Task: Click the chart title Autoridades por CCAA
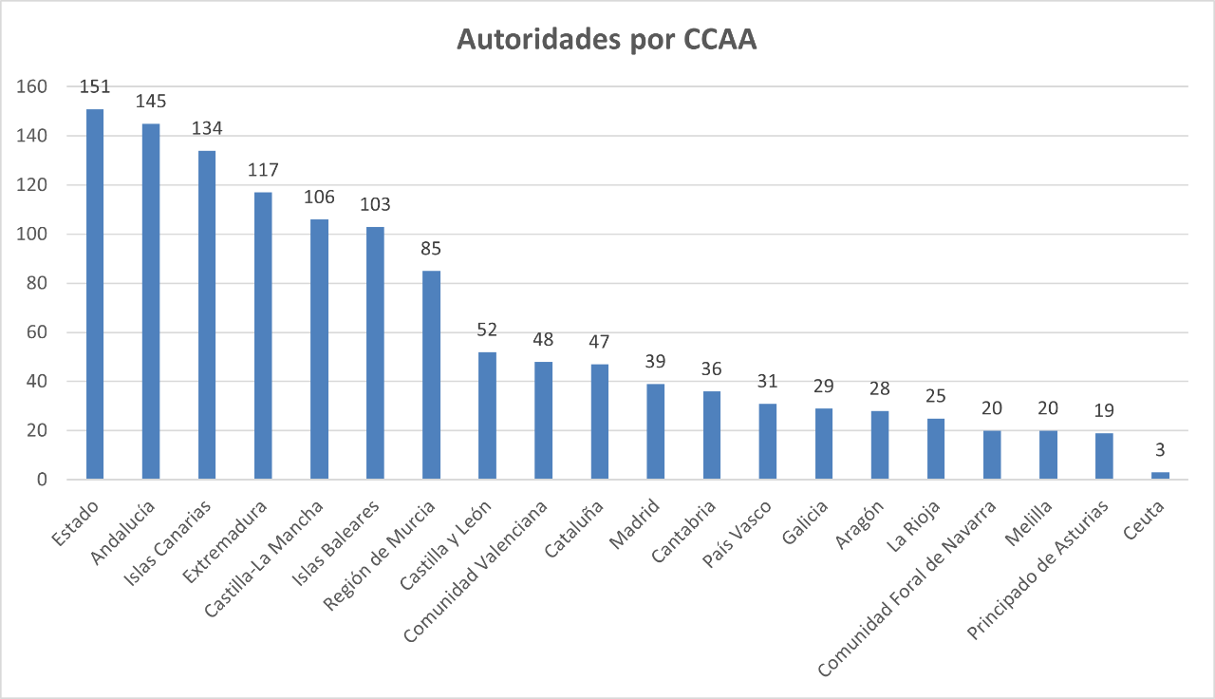click(x=607, y=40)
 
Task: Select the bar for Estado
click(x=95, y=294)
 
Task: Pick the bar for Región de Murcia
click(x=431, y=375)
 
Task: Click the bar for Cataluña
click(x=599, y=422)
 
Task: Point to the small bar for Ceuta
click(x=1160, y=476)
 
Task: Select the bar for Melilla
click(x=1048, y=455)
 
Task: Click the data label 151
click(x=95, y=86)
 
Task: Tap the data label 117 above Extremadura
click(x=263, y=170)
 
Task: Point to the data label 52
click(x=487, y=330)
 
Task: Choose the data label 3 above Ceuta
click(x=1160, y=449)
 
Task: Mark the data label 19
click(x=1104, y=410)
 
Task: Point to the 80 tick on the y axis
click(x=35, y=283)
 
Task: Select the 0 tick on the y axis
click(x=42, y=480)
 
